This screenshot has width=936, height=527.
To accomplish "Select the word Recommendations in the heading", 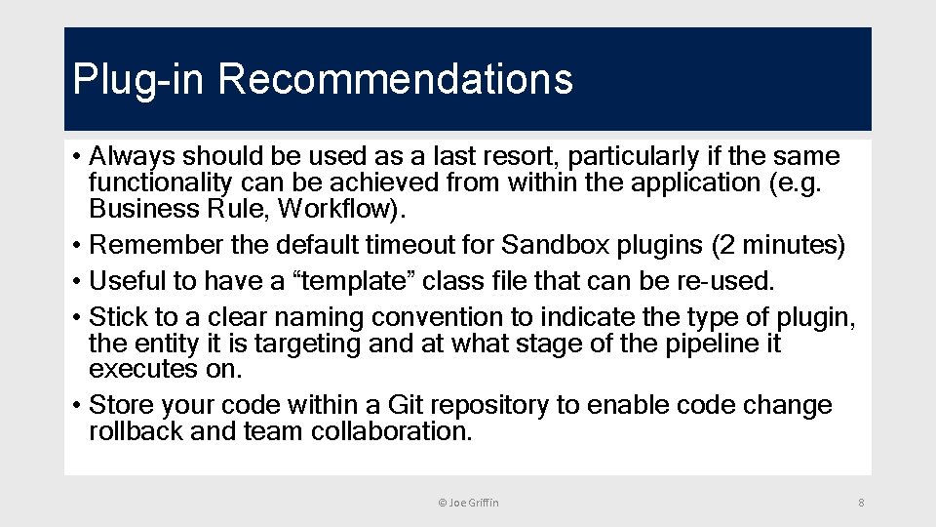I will [396, 80].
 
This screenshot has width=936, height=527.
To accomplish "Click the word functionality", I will [159, 182].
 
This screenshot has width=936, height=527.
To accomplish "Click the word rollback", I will [136, 431].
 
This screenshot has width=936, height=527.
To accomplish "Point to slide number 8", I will [861, 502].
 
